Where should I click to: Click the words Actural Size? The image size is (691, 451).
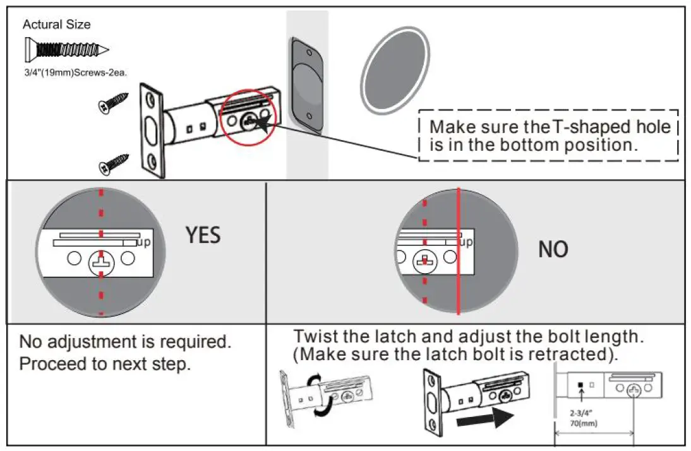[x=56, y=25]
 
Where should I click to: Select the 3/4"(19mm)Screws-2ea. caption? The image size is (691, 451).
[x=76, y=73]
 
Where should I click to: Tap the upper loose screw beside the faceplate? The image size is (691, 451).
[x=114, y=103]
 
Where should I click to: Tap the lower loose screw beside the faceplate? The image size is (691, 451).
[x=114, y=165]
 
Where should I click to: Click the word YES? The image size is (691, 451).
[x=203, y=235]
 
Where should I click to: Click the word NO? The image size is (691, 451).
[x=553, y=250]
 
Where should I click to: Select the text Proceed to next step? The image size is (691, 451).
[x=105, y=365]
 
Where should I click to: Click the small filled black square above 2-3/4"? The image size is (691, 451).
[x=579, y=384]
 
